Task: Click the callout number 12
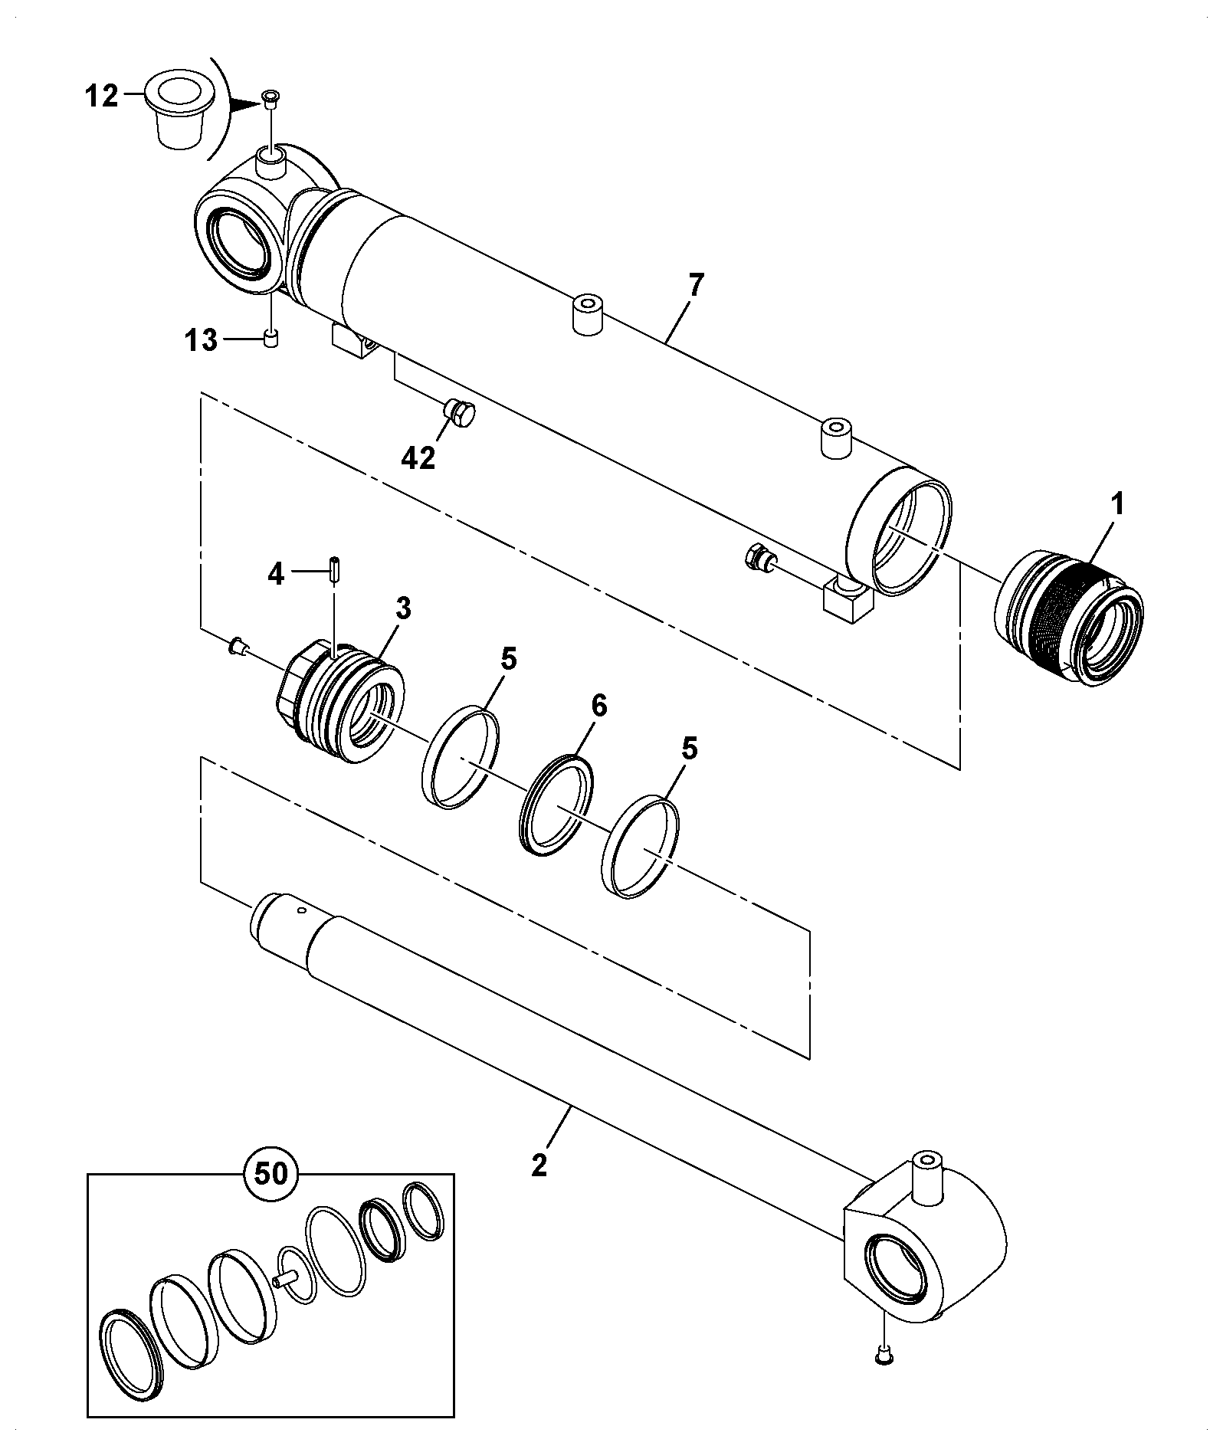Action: click(x=101, y=97)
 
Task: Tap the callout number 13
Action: click(x=201, y=339)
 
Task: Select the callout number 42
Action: click(x=418, y=457)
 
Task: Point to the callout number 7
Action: click(x=695, y=286)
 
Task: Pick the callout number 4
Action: click(x=276, y=573)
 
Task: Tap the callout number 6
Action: click(x=598, y=705)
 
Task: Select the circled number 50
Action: click(x=271, y=1194)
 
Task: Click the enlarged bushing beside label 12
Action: click(x=177, y=110)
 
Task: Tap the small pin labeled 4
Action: click(x=335, y=570)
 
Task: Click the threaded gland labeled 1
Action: click(x=1069, y=617)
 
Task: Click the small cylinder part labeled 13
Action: click(x=270, y=339)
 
